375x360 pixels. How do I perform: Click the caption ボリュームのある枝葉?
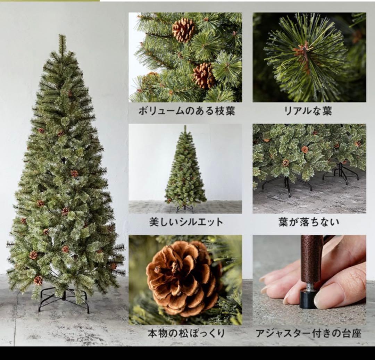point(186,111)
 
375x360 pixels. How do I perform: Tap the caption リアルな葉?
point(308,111)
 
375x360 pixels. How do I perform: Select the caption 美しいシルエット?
point(186,222)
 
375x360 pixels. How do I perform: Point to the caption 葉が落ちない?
point(309,222)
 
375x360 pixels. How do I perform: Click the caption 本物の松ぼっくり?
point(186,334)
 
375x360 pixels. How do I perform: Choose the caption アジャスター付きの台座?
point(308,334)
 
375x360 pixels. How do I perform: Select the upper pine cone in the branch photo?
point(184,30)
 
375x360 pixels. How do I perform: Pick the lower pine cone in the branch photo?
point(204,76)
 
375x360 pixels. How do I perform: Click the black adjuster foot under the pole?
point(308,300)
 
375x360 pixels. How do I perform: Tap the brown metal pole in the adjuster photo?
point(311,257)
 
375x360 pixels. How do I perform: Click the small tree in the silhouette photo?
point(185,170)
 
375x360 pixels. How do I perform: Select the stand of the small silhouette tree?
point(185,209)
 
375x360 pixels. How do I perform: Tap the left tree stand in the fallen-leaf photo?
point(287,186)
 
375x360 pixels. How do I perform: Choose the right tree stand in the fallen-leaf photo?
point(341,174)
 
